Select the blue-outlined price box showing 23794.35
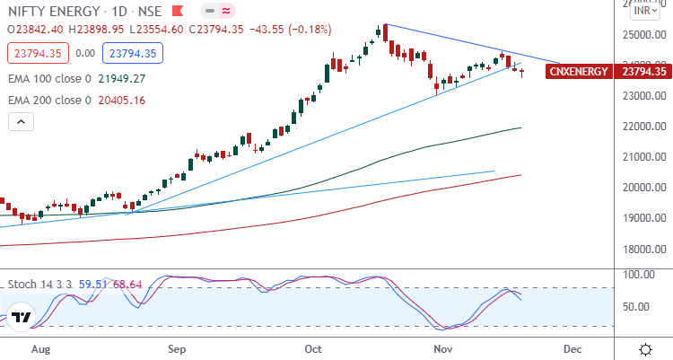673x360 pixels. click(132, 53)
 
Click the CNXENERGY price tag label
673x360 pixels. click(578, 71)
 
